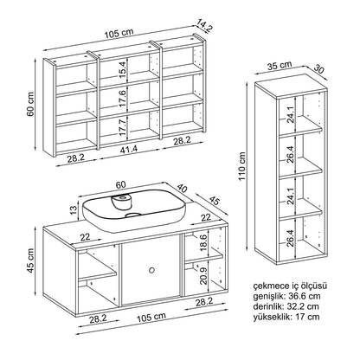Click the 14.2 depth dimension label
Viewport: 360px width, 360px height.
point(205,25)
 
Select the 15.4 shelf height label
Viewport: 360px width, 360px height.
point(123,70)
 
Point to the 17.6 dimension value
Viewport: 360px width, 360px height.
point(123,99)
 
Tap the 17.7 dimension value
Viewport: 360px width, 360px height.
point(123,128)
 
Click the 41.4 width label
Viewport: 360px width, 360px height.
point(129,150)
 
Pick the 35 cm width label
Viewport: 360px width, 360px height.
point(280,66)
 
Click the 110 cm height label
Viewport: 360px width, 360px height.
point(242,166)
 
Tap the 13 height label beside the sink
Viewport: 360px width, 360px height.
point(74,209)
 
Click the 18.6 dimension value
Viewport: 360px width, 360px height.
point(203,242)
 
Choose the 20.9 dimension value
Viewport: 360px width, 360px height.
point(203,276)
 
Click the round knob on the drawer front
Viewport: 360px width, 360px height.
point(151,270)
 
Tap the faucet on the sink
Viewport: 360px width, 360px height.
point(121,202)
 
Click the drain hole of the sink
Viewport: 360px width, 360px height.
point(133,215)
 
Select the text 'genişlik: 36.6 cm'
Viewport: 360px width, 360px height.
point(287,296)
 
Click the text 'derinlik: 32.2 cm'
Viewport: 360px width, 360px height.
point(286,306)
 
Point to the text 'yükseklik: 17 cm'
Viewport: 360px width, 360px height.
point(286,317)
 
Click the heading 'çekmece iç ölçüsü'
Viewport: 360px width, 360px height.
point(290,286)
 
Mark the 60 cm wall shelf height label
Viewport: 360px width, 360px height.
point(30,104)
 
